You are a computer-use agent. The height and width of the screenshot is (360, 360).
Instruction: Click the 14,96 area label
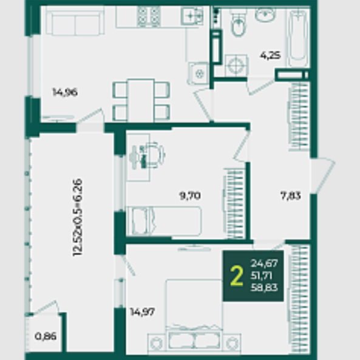click(65, 92)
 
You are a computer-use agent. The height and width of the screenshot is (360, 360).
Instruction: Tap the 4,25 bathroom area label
click(270, 56)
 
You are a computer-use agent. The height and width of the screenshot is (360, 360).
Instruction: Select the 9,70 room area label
click(190, 196)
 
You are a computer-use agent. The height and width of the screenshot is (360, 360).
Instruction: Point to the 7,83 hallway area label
click(290, 196)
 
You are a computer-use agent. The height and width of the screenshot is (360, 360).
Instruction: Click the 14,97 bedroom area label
click(143, 312)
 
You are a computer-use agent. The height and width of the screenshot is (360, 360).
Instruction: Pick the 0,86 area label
click(46, 336)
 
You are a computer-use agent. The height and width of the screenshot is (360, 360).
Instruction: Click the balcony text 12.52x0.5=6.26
click(77, 217)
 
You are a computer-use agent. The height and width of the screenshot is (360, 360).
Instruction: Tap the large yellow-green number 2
click(237, 276)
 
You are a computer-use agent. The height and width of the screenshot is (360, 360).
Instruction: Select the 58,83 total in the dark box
click(264, 287)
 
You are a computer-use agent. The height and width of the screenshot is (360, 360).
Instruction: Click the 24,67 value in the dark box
click(264, 263)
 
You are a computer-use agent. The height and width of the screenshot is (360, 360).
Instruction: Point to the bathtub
click(298, 38)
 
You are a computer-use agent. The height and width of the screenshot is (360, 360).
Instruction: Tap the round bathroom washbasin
click(265, 15)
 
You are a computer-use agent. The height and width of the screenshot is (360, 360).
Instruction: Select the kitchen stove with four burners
click(149, 16)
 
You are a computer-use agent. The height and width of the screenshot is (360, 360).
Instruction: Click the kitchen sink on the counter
click(192, 16)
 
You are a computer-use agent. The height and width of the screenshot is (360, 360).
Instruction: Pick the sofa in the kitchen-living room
click(75, 21)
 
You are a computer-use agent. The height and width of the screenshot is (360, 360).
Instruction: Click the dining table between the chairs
click(141, 101)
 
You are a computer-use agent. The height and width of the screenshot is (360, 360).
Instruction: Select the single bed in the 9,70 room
click(164, 221)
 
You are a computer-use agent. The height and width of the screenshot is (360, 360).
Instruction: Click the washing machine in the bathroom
click(237, 65)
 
